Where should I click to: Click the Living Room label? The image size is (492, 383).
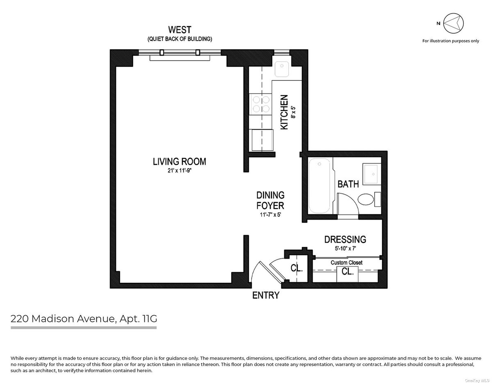point(179,162)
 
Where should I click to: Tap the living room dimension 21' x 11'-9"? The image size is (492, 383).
point(180,170)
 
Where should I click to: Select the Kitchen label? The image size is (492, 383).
point(284,112)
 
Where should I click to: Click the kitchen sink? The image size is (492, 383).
point(282,69)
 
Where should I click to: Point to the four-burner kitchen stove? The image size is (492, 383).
point(261,104)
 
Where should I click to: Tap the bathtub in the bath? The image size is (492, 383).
point(319,186)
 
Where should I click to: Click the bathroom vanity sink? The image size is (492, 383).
point(370,174)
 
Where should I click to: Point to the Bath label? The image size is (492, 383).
point(348,184)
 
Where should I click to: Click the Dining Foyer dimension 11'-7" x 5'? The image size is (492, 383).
point(270,214)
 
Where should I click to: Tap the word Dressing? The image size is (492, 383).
point(345,240)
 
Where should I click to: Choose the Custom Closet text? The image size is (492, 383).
point(346,263)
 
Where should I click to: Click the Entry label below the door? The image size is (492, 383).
point(266,295)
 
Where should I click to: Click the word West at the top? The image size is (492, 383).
point(180,30)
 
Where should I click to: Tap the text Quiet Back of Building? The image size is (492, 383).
point(180,39)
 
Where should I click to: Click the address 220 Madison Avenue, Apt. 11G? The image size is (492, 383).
point(84,319)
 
